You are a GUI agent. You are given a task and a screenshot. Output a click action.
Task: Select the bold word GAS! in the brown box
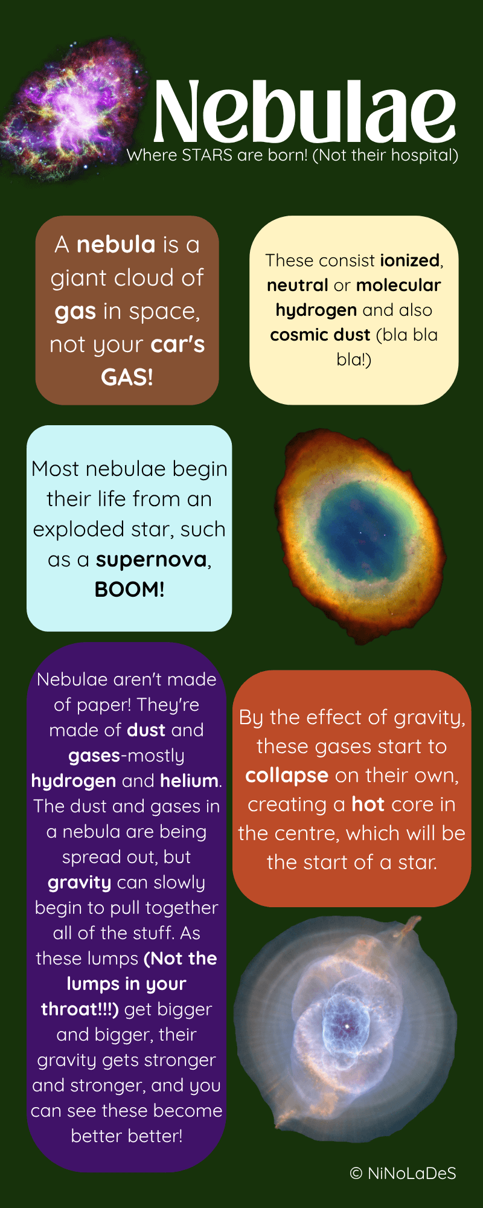(x=127, y=377)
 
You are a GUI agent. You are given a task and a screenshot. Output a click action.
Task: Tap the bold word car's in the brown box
(x=178, y=344)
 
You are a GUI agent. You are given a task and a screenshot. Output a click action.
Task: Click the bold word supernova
(x=152, y=560)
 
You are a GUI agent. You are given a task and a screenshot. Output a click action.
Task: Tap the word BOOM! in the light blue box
(x=129, y=590)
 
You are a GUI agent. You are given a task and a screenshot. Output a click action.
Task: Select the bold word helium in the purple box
(x=189, y=781)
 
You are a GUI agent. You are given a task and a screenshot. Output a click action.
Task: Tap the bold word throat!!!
(x=80, y=1009)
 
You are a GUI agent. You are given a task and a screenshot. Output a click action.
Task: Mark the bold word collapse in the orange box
(x=287, y=776)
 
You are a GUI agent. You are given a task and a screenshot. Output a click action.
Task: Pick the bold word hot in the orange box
(x=368, y=805)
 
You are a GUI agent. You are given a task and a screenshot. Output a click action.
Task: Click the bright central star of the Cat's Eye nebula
(x=347, y=1026)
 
